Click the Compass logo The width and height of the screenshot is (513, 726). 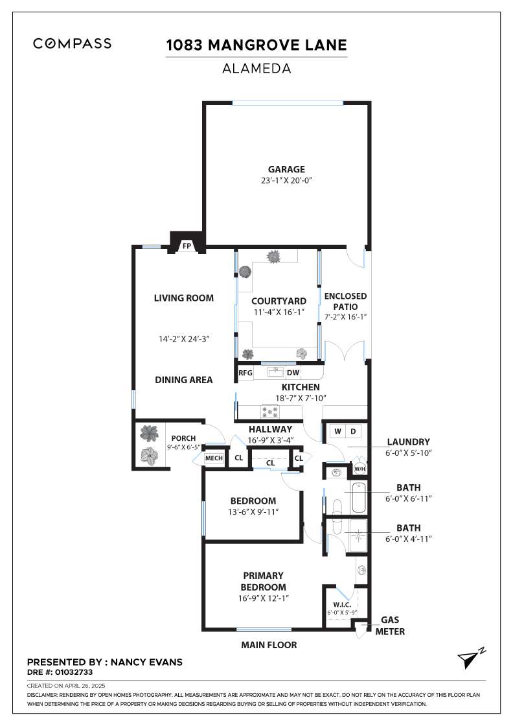click(72, 43)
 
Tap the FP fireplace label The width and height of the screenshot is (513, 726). click(187, 246)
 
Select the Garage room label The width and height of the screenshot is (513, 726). click(286, 169)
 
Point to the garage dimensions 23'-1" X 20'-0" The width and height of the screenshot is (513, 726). click(286, 181)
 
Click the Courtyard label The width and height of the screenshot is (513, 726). click(279, 301)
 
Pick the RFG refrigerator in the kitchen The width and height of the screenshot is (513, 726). click(245, 373)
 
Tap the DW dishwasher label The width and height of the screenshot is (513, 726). click(293, 373)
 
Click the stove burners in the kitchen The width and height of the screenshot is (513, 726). click(270, 411)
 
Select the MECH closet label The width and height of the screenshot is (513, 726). click(214, 458)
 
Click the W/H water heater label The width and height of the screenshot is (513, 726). click(359, 469)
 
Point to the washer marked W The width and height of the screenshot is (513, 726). click(337, 432)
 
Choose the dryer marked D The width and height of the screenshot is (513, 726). click(353, 432)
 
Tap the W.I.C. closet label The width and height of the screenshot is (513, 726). click(342, 605)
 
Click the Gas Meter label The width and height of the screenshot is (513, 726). click(390, 626)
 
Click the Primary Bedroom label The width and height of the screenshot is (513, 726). click(263, 581)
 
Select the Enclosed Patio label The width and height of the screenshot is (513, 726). click(345, 301)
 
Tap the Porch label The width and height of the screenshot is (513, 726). click(183, 438)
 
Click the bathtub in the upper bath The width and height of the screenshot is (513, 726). click(358, 498)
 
